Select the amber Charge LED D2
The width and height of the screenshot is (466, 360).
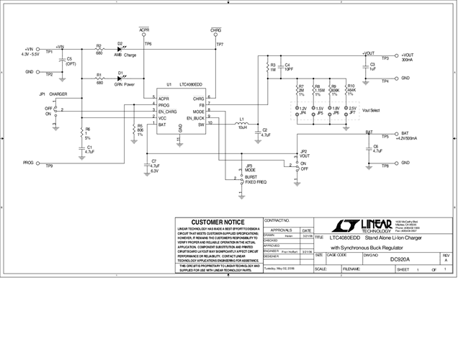pos(120,49)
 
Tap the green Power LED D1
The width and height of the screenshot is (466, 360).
pos(120,77)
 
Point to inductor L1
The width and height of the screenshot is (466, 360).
pos(242,124)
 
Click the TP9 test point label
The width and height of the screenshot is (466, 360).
pos(49,166)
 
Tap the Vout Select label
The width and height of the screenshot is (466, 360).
pos(371,111)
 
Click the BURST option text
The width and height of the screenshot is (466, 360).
pos(251,176)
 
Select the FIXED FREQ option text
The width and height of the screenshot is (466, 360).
pos(255,182)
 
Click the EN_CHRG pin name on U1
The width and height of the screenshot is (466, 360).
pos(169,111)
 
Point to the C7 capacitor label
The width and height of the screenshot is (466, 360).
pos(154,162)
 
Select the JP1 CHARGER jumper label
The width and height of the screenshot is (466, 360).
pos(53,94)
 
